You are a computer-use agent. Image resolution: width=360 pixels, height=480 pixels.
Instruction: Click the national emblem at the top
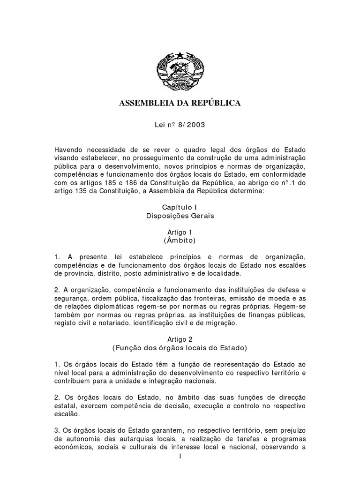click(x=180, y=72)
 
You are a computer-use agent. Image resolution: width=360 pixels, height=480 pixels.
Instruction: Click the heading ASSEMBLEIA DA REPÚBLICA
click(x=180, y=103)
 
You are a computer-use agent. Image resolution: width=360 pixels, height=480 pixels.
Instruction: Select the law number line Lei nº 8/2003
click(x=180, y=125)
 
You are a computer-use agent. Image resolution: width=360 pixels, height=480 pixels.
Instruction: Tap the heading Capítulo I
click(x=180, y=207)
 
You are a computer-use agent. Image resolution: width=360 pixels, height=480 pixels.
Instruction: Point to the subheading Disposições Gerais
click(x=180, y=216)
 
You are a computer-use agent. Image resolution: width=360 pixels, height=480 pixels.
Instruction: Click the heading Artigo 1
click(x=180, y=232)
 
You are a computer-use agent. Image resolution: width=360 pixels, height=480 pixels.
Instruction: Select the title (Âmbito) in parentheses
click(x=180, y=241)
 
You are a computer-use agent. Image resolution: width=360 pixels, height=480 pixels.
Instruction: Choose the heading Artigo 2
click(x=180, y=339)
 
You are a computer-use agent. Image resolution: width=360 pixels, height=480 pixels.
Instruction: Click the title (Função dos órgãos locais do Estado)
click(x=180, y=348)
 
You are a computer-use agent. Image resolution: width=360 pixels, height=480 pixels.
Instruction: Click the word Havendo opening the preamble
click(x=68, y=148)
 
